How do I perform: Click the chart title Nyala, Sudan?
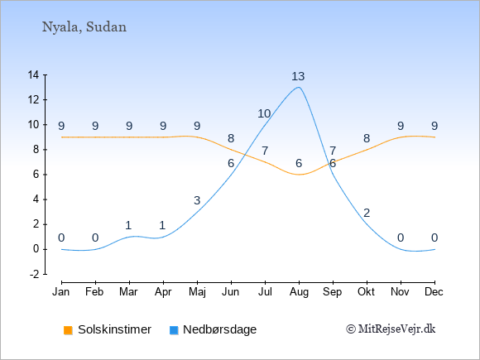tap(84, 27)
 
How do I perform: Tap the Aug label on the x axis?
tap(299, 292)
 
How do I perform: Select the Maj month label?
tap(197, 292)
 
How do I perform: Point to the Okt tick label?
tap(366, 292)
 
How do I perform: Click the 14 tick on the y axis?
tap(33, 74)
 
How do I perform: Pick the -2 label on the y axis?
tap(34, 274)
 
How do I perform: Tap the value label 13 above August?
tap(298, 76)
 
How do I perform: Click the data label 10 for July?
tap(264, 114)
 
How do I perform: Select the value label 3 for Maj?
tap(197, 200)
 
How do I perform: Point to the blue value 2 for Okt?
tap(367, 213)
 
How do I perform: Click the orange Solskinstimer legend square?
tap(68, 330)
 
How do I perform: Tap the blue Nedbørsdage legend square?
tap(174, 330)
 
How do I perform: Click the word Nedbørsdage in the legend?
tap(219, 329)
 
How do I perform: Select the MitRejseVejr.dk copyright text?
tap(391, 329)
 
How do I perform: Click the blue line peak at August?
tap(299, 88)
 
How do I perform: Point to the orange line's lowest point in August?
tap(299, 175)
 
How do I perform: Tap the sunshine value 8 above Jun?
tap(231, 139)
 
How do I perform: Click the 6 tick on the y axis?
tap(36, 175)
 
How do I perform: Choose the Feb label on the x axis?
tap(94, 292)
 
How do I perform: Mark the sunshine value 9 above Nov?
tap(401, 126)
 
